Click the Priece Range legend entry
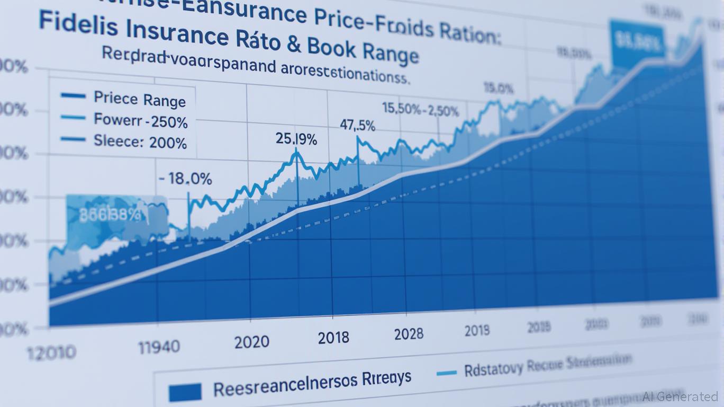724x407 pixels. [x=140, y=100]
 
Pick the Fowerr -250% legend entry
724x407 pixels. [x=140, y=121]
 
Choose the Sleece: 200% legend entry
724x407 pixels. [x=140, y=142]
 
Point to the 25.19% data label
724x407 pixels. [x=296, y=140]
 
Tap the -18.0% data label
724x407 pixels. [x=186, y=179]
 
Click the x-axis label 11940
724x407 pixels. [x=159, y=348]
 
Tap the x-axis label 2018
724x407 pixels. [x=333, y=338]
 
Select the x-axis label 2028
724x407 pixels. [x=409, y=334]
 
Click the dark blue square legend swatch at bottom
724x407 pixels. [x=185, y=392]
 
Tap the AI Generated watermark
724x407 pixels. [x=680, y=396]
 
